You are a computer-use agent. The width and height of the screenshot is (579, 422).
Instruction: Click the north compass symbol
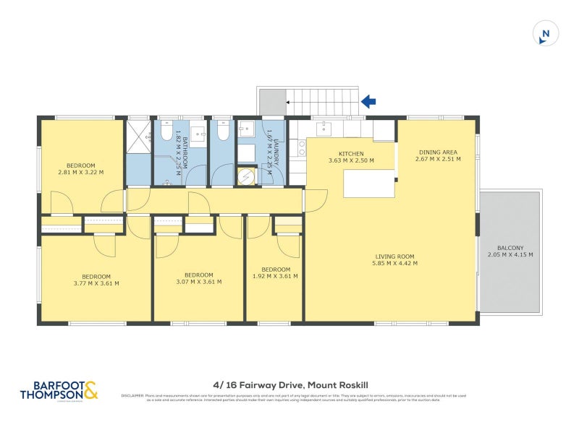point(546,33)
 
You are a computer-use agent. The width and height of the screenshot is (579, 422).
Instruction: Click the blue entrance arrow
point(368,102)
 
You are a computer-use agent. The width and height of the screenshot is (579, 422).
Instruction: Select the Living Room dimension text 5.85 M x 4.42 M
point(394,263)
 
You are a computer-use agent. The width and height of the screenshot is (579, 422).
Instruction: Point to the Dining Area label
point(438,152)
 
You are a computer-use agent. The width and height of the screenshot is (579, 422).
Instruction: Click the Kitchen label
point(351,153)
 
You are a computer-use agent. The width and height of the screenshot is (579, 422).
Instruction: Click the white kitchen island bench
point(368,184)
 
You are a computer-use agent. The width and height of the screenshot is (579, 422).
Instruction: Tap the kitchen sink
point(324,129)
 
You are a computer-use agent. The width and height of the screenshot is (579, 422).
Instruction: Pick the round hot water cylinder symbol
point(247,175)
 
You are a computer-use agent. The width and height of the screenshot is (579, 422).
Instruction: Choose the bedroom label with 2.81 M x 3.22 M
point(81,168)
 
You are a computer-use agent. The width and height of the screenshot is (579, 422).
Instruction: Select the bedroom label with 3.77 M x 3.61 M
point(96,279)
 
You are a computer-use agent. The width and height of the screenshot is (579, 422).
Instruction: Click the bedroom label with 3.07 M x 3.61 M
point(198,279)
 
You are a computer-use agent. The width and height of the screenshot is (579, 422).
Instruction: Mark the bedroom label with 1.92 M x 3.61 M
point(275,272)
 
